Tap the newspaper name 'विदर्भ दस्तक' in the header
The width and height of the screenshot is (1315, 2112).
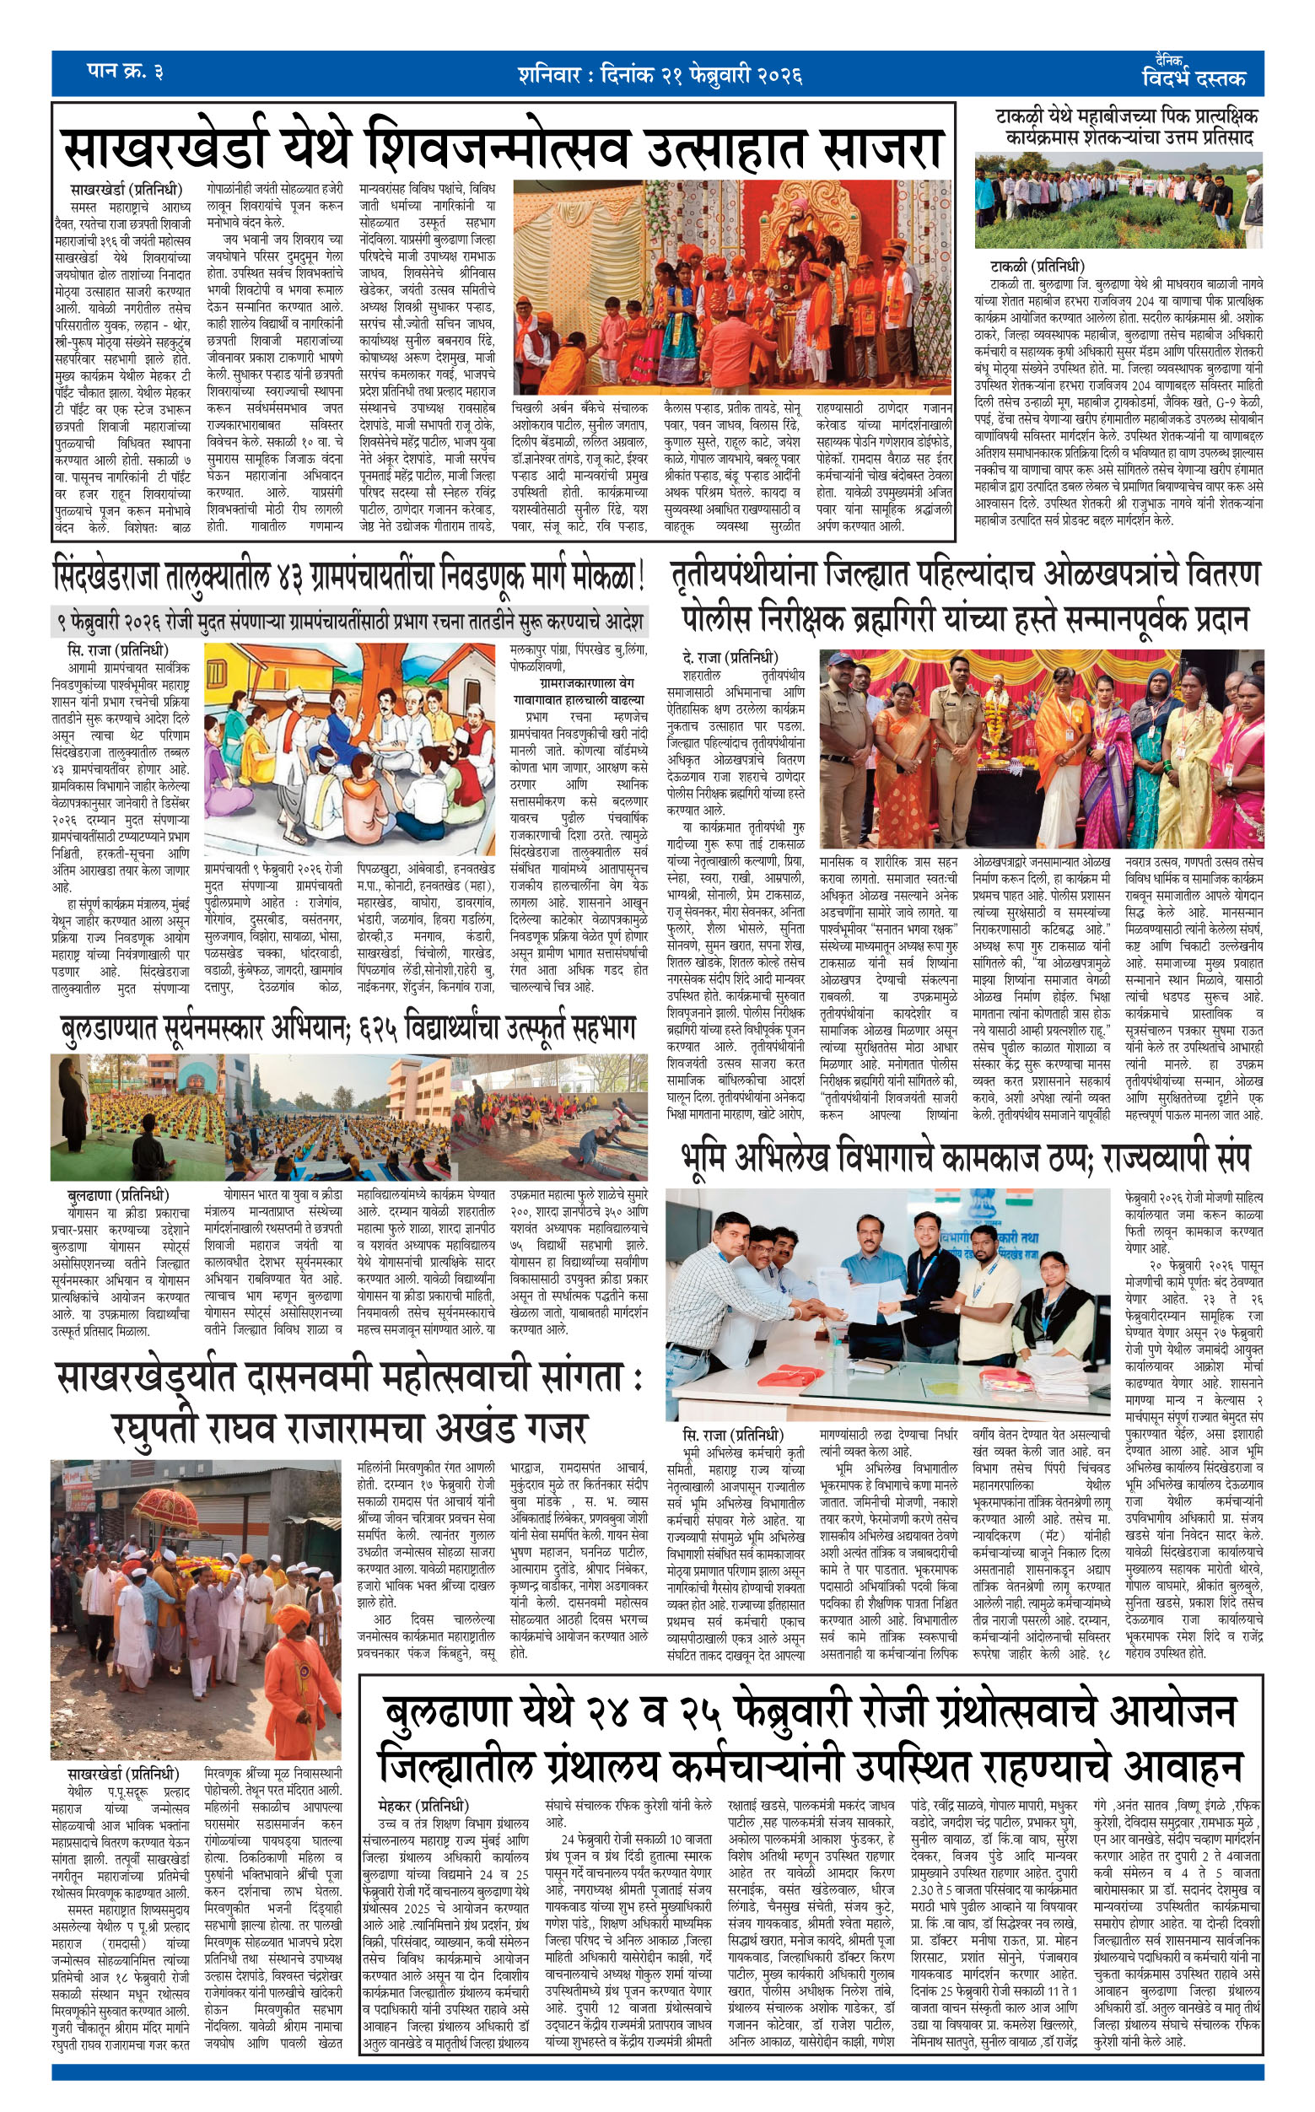tap(1194, 78)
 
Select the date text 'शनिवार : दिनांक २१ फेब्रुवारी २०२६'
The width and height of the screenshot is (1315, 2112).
tap(659, 75)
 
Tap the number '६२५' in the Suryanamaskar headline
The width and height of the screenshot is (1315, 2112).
tap(377, 1031)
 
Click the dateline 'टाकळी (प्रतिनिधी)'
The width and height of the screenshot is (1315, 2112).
tap(1037, 266)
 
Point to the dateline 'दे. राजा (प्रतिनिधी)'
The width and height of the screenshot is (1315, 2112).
tap(730, 656)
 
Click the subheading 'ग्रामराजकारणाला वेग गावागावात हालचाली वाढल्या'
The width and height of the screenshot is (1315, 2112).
tap(579, 692)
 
